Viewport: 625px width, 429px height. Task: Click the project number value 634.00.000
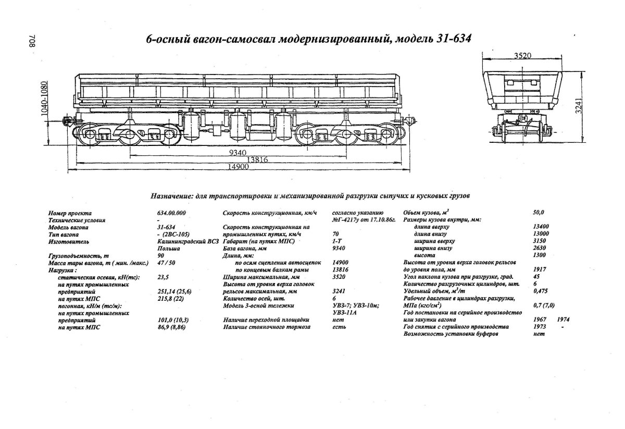[171, 213]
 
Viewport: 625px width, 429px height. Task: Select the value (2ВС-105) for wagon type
[171, 235]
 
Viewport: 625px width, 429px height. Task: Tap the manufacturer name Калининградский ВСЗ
[186, 242]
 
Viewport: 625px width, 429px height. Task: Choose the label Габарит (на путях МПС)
[258, 242]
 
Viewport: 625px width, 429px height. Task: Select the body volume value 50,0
[538, 213]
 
